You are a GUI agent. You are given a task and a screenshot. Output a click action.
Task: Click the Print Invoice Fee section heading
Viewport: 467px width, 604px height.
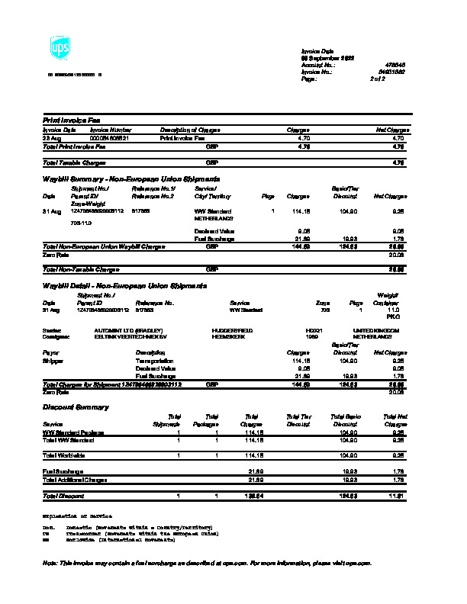(x=71, y=120)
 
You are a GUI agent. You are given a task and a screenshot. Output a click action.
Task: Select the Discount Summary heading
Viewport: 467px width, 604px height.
(x=75, y=407)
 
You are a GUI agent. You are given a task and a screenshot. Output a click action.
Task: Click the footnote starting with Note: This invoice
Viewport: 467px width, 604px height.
(x=207, y=563)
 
